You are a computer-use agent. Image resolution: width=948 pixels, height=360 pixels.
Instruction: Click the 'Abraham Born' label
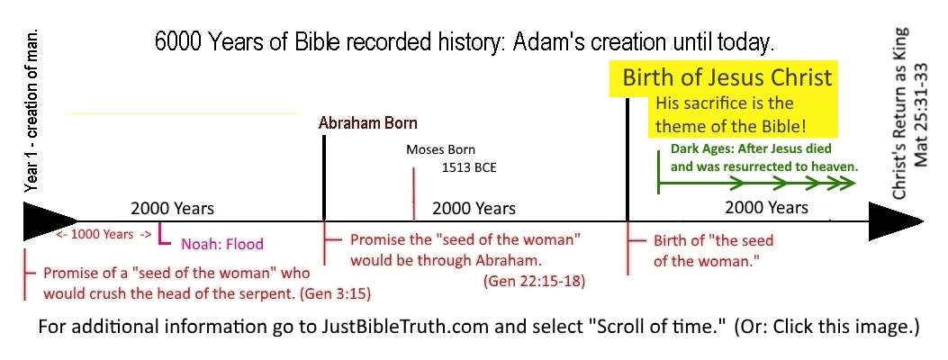[x=367, y=123]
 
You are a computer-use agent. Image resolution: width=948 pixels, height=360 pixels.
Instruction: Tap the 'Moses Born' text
[x=441, y=149]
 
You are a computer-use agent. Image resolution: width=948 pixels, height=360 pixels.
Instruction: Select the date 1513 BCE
[x=469, y=168]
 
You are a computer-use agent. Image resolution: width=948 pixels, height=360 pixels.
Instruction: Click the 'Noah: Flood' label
[x=222, y=244]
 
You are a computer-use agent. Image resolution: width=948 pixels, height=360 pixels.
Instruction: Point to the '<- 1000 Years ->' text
[x=104, y=234]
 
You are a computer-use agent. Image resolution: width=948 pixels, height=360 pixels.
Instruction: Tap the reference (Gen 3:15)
[x=336, y=294]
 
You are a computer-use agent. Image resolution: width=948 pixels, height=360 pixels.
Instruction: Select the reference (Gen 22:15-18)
[x=534, y=282]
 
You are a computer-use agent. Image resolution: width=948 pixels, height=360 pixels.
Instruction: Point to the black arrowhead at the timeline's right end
[x=896, y=221]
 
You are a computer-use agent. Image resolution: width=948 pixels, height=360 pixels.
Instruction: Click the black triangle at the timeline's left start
[x=50, y=221]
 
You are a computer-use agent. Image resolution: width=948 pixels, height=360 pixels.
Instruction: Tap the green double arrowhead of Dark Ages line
[x=841, y=182]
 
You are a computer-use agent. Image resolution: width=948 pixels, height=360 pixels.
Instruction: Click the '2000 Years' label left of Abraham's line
[x=172, y=209]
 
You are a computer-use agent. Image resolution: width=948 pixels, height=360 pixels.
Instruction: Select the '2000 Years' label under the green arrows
[x=767, y=208]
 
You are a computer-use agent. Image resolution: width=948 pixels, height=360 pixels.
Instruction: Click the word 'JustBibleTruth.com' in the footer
[x=405, y=328]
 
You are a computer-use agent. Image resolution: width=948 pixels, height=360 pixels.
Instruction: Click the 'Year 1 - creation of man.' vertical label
[x=31, y=111]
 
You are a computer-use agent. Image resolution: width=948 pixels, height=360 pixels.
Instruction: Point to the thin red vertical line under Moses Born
[x=414, y=193]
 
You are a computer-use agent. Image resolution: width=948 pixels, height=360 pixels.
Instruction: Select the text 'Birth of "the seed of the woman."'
[x=713, y=251]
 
